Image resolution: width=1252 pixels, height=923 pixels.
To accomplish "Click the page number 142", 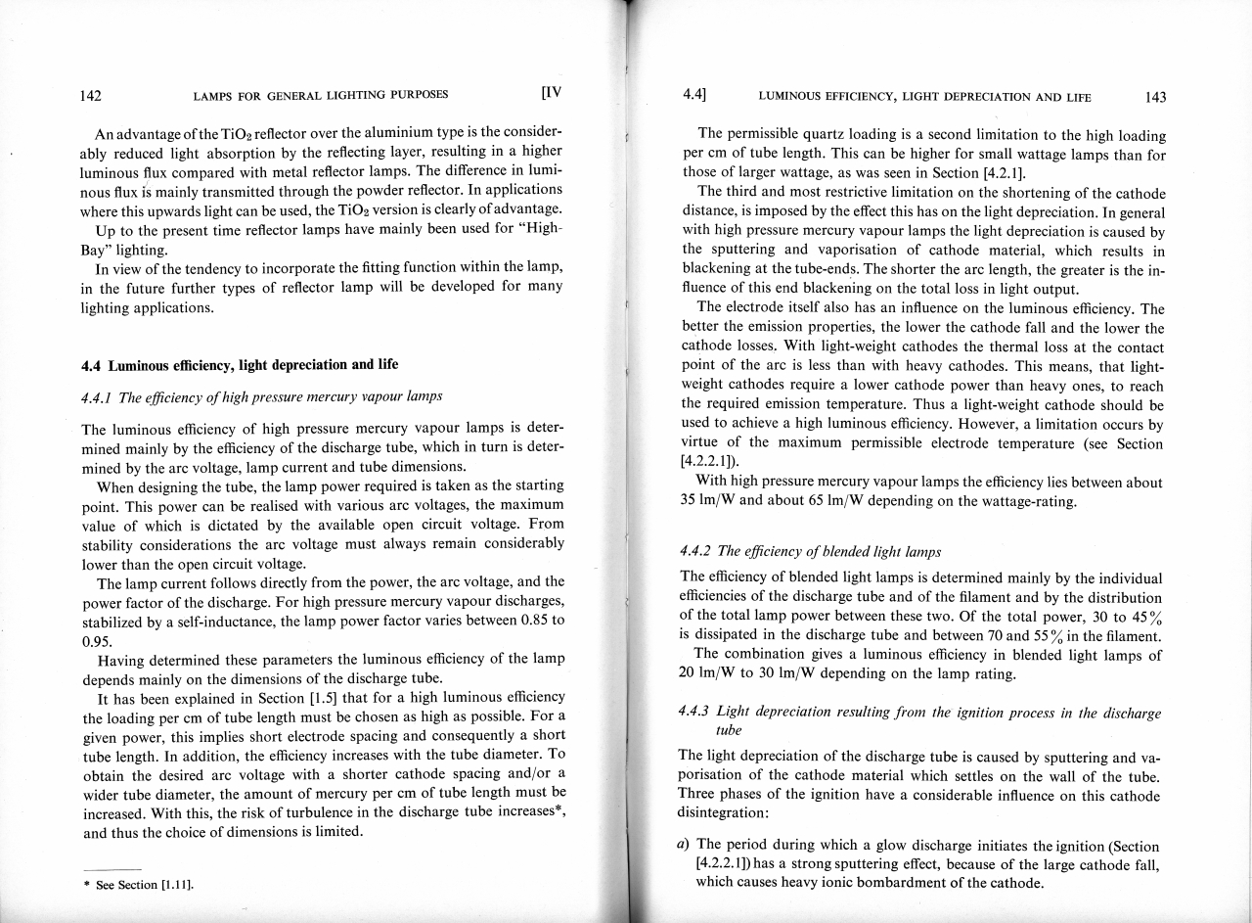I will [x=92, y=96].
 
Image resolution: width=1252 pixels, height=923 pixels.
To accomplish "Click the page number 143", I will [x=1154, y=97].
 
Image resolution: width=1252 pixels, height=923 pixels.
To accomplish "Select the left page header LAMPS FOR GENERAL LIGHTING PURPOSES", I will [x=321, y=95].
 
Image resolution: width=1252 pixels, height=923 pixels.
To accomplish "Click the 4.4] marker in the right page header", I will [x=694, y=96].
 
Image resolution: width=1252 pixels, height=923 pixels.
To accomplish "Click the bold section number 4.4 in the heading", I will [x=95, y=365].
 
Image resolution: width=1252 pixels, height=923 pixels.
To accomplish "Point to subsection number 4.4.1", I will [x=98, y=395].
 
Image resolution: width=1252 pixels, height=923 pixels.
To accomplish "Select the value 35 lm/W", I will [x=711, y=501].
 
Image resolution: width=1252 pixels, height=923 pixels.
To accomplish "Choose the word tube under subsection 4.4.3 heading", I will [x=730, y=731].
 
